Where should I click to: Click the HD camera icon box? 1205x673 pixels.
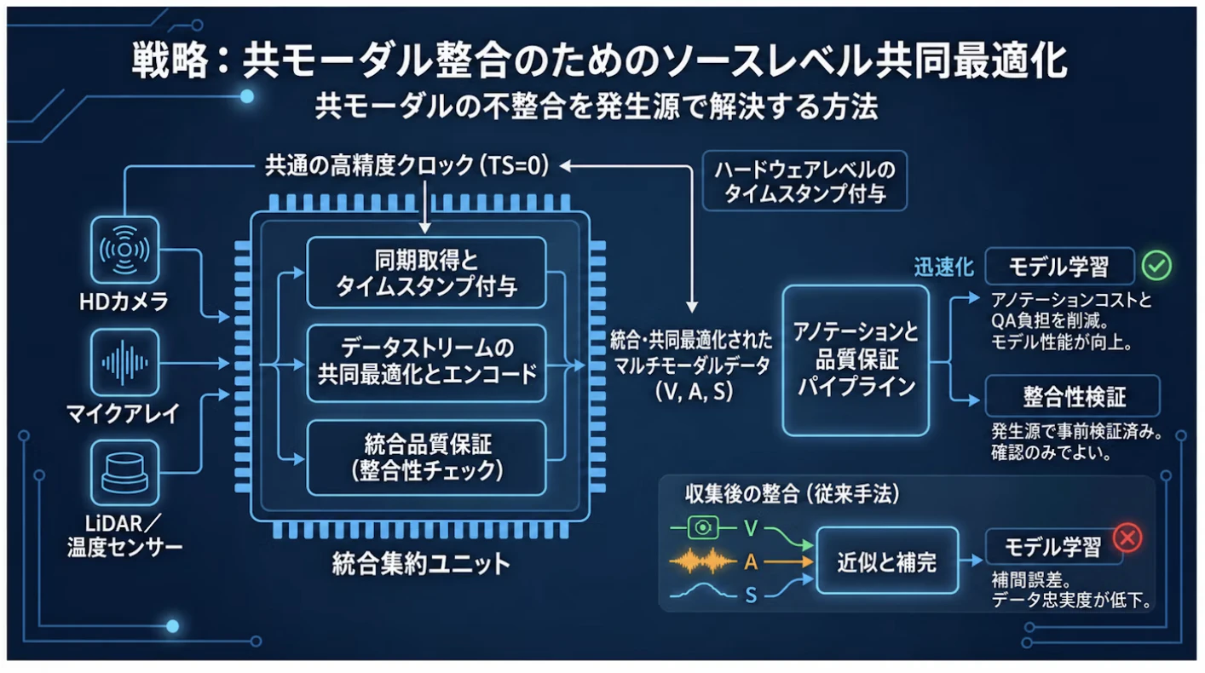pos(124,250)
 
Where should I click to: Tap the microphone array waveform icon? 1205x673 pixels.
pos(124,363)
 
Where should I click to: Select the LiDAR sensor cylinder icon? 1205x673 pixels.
pos(124,473)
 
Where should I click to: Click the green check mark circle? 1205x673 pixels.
pos(1156,265)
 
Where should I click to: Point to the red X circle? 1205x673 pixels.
pos(1127,538)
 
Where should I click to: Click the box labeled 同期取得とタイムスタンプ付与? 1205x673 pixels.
pos(426,273)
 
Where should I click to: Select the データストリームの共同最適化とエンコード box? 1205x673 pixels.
pos(426,363)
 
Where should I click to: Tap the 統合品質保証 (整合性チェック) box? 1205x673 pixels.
pos(426,457)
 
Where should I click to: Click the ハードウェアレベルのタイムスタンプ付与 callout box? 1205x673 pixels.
pos(804,181)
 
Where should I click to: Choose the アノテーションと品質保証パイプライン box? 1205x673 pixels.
pos(856,360)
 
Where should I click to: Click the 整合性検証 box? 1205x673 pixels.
pos(1073,396)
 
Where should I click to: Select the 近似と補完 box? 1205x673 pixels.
pos(887,561)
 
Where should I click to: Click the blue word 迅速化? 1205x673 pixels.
pos(944,267)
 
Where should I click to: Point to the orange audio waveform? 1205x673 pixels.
pos(702,561)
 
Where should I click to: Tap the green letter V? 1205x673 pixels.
pos(751,528)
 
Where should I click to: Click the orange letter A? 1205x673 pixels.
pos(751,562)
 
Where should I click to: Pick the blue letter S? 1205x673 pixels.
pos(751,595)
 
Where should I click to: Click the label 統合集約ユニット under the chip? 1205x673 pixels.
pos(421,563)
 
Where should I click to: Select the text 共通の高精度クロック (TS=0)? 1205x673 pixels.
pos(407,165)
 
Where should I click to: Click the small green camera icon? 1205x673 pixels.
pos(703,527)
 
